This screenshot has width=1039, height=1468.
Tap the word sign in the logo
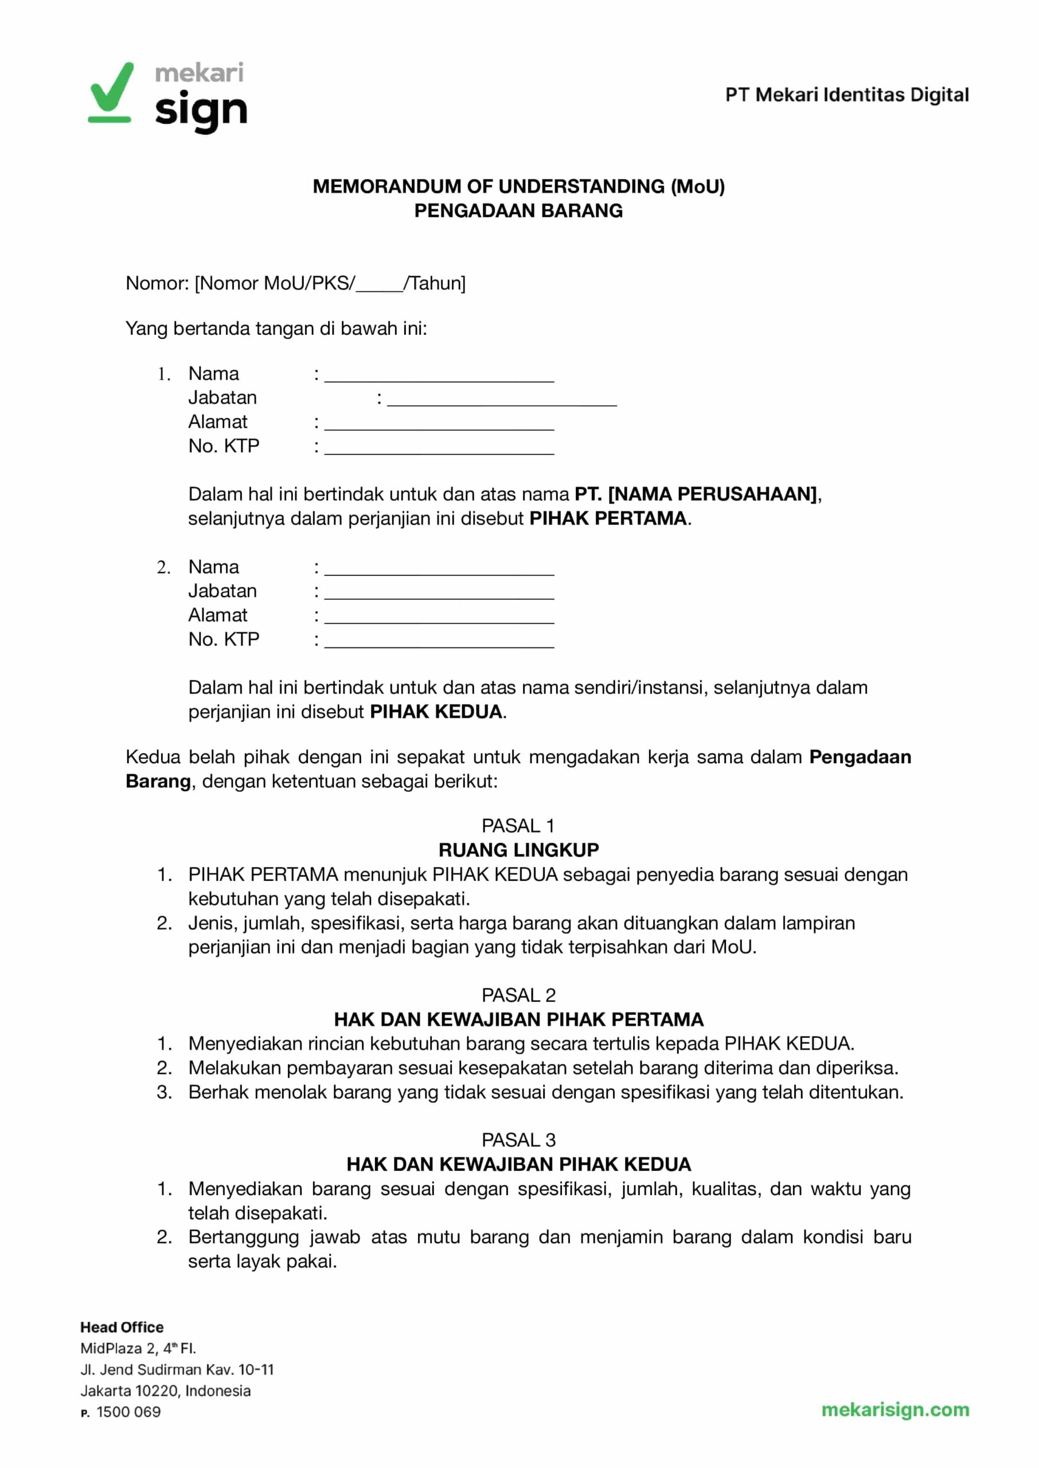[201, 111]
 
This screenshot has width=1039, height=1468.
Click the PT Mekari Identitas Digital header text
[846, 95]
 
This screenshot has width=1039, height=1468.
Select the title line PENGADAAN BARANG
[518, 210]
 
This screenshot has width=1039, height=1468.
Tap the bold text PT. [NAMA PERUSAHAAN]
[696, 494]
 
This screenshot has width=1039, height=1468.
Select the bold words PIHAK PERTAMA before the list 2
[608, 518]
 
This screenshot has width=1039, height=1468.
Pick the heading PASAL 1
[518, 826]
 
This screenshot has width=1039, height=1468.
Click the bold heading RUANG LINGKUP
[518, 850]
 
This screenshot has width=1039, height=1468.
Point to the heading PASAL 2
[518, 995]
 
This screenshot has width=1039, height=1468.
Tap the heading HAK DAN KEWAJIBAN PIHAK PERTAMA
[518, 1020]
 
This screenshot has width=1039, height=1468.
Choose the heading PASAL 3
[518, 1140]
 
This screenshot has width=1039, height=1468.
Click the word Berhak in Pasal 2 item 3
[219, 1092]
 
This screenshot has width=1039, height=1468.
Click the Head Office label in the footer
[122, 1328]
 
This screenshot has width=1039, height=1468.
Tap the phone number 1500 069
[128, 1412]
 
